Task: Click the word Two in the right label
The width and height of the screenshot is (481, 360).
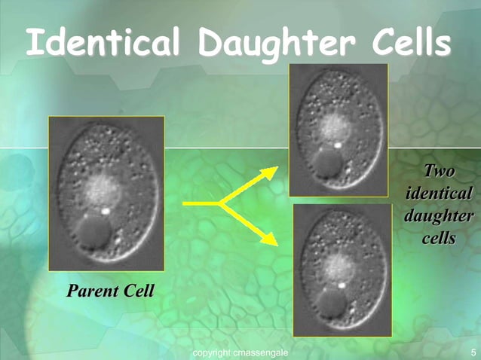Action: pos(440,171)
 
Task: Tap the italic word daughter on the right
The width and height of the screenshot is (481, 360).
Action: pos(440,215)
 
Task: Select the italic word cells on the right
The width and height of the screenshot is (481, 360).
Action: pos(440,238)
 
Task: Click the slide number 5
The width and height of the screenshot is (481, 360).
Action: pos(473,352)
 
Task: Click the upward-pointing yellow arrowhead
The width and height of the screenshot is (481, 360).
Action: pos(268,172)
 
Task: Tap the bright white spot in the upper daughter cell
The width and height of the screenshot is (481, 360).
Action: pos(339,142)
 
